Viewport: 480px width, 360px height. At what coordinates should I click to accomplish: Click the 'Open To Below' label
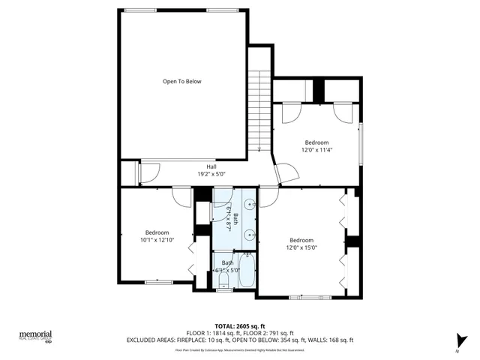[x=182, y=81]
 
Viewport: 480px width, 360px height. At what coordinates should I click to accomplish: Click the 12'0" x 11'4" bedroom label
[x=316, y=145]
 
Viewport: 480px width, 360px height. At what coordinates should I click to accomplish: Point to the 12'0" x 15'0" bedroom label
[x=301, y=244]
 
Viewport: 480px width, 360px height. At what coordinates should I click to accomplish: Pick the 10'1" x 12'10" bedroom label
[x=157, y=236]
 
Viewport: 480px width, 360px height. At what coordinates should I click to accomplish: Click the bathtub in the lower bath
[x=246, y=274]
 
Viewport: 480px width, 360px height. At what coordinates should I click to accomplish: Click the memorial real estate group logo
[x=35, y=337]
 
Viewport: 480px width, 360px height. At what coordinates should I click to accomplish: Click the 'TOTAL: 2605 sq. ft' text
[x=240, y=326]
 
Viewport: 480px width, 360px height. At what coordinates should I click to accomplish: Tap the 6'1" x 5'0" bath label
[x=226, y=265]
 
